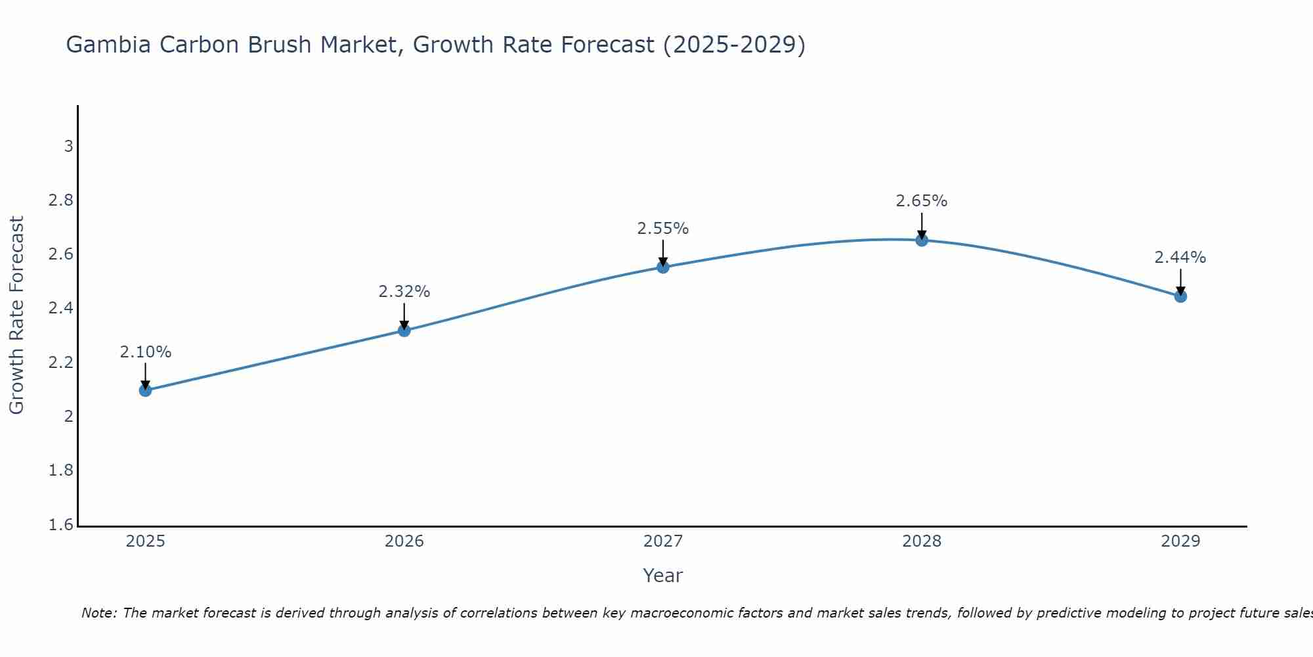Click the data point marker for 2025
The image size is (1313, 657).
coord(145,390)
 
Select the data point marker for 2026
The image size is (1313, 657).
coord(404,330)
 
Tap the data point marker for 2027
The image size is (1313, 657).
coord(663,267)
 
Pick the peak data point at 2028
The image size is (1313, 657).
coord(922,240)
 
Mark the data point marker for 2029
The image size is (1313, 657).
coord(1180,296)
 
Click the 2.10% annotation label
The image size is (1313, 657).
coord(145,352)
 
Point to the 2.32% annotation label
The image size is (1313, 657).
coord(404,292)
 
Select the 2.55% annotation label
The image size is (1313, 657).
coord(663,229)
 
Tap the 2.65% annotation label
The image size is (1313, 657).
coord(922,201)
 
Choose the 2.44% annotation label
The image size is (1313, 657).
coord(1180,258)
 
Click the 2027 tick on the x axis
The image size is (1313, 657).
coord(663,541)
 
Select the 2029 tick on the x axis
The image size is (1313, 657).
coord(1180,541)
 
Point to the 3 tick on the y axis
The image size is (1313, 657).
coord(68,147)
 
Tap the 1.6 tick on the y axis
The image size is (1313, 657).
coord(61,525)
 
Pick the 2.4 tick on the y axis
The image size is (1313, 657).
coord(61,308)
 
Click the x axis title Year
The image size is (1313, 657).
coord(663,576)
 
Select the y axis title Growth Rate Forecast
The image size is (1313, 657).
coord(16,315)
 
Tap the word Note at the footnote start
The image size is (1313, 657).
coord(98,613)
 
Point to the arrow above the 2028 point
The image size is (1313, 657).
coord(922,225)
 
